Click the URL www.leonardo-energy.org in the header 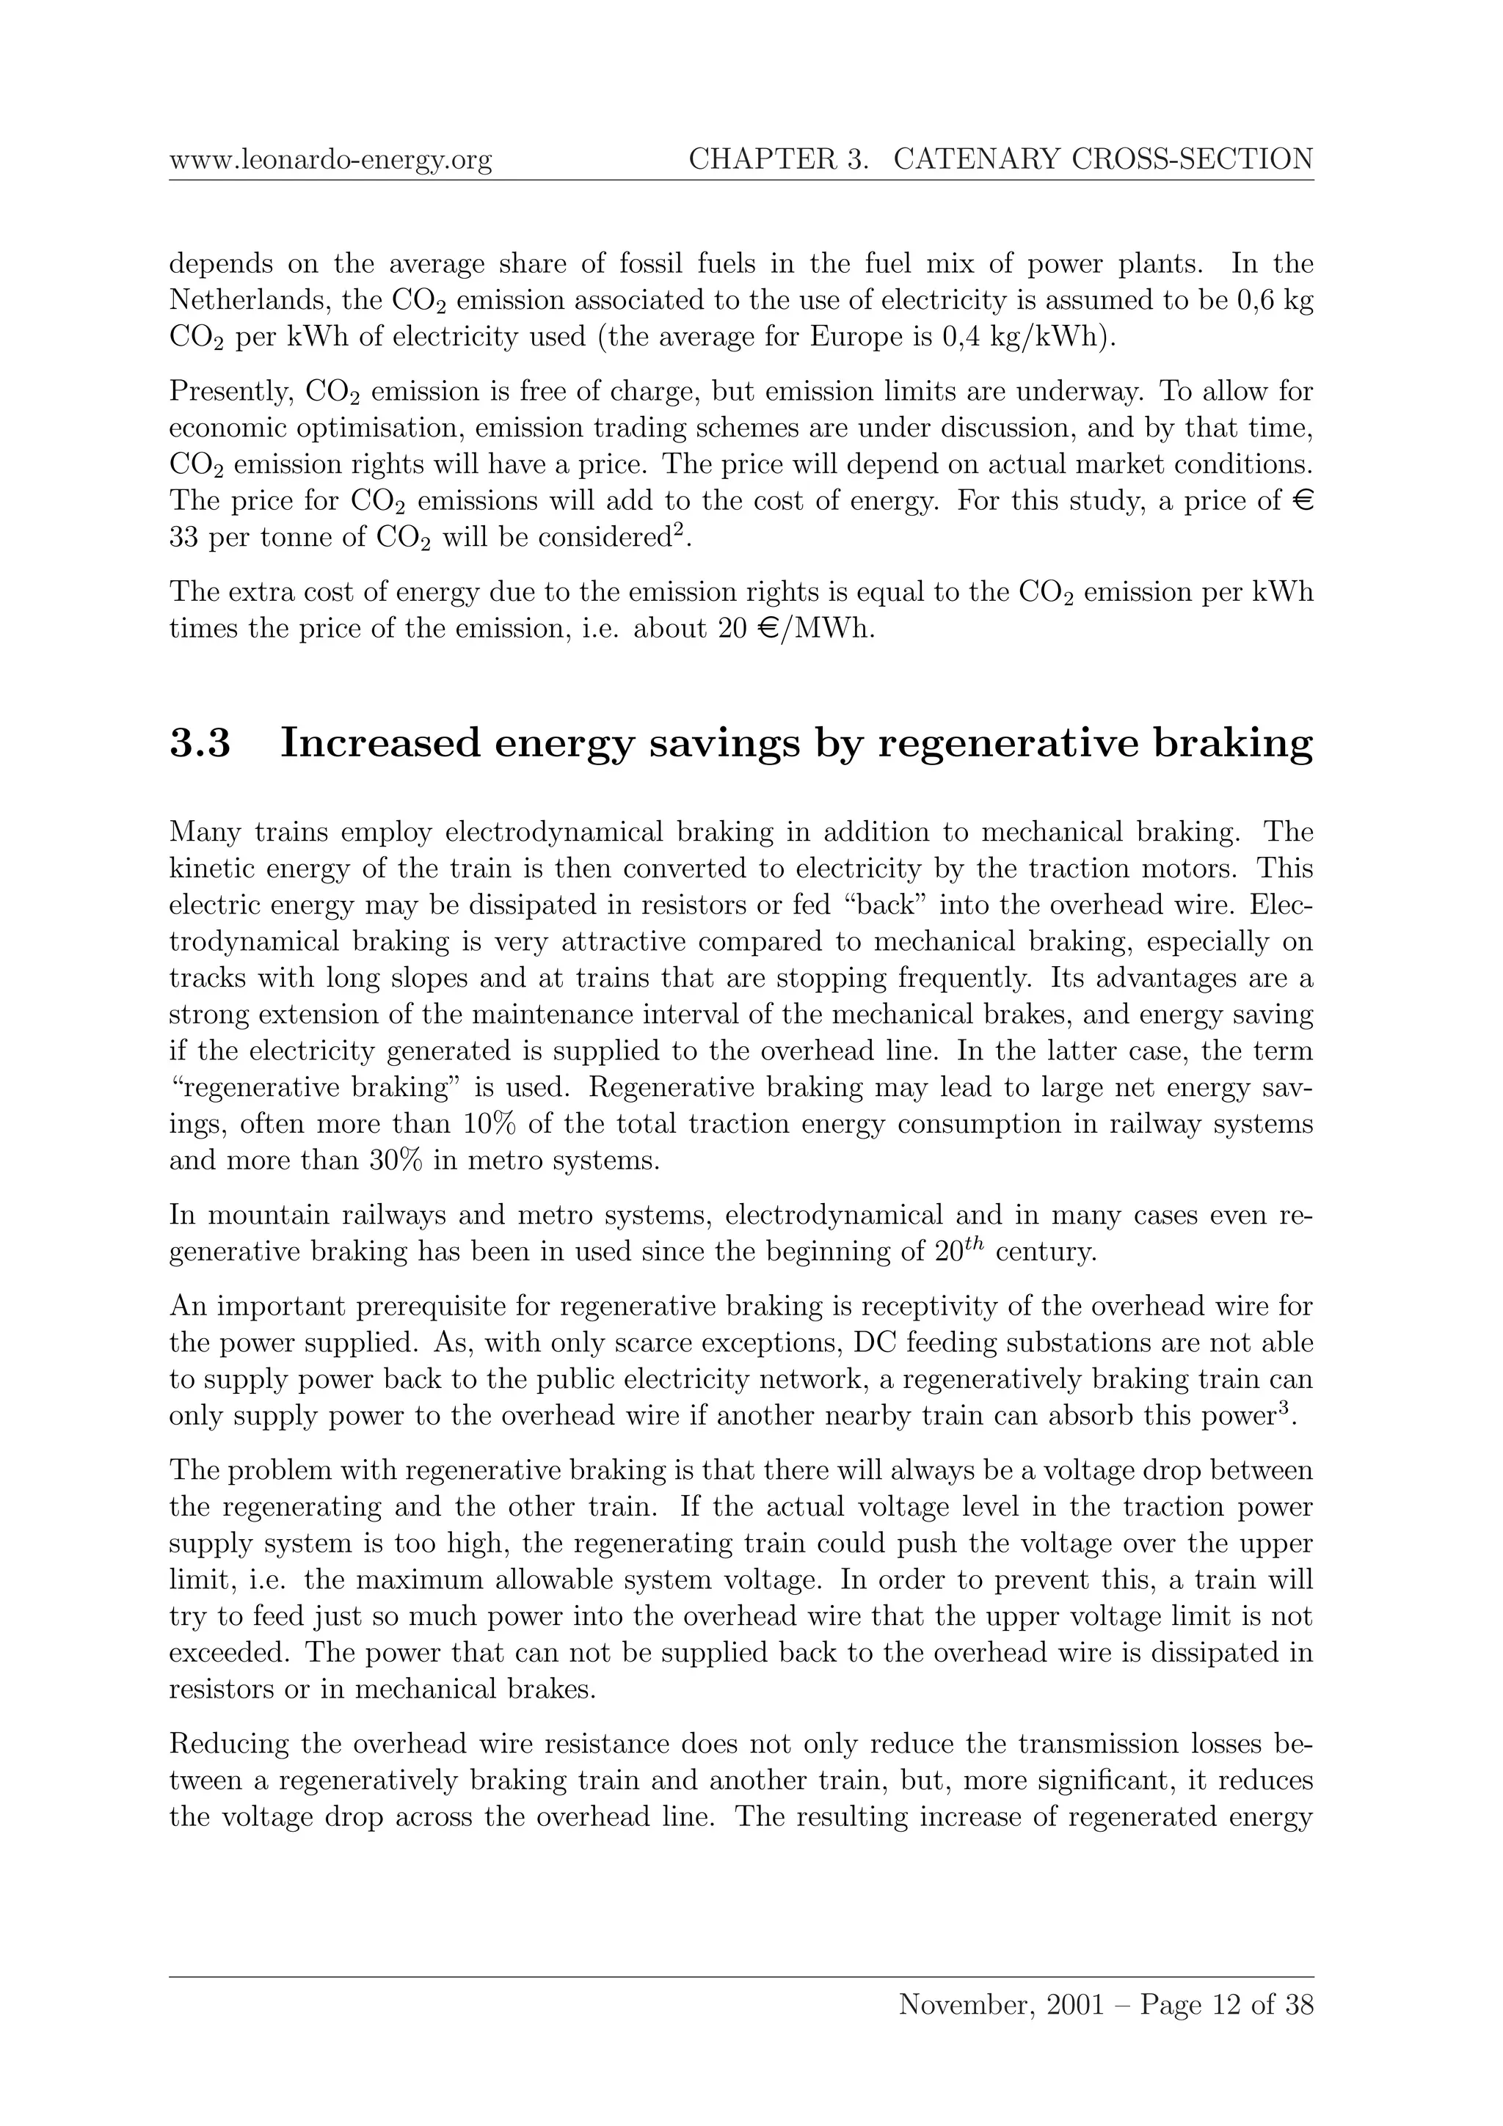pos(330,160)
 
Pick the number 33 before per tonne pos(184,538)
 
